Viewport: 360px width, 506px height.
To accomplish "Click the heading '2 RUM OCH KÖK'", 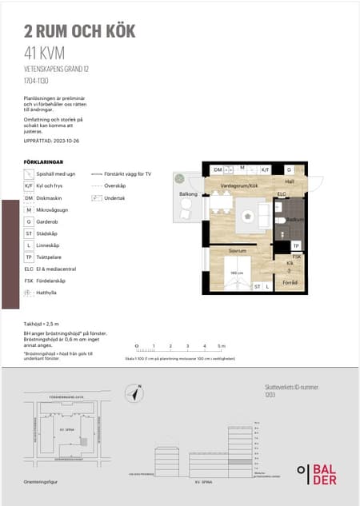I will pos(80,32).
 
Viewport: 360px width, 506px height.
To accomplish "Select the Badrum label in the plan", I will pos(294,218).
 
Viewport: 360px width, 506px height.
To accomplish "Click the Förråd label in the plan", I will pos(290,282).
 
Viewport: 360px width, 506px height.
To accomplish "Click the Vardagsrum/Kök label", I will pos(241,184).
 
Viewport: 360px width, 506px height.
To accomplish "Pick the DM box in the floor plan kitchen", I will pos(218,170).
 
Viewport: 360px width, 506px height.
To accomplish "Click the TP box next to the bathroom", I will pos(295,245).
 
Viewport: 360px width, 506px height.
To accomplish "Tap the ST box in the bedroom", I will pos(257,285).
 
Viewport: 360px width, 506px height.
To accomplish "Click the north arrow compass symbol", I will pos(137,392).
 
